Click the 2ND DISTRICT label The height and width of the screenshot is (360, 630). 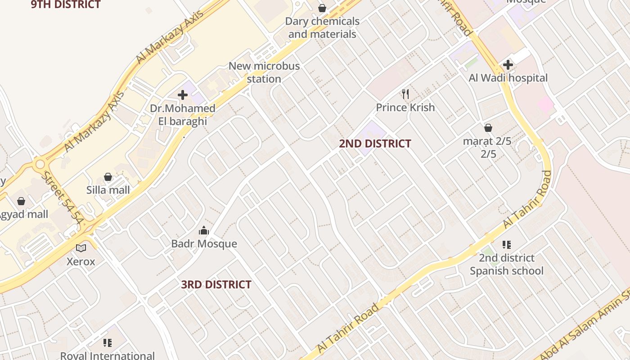pyautogui.click(x=375, y=144)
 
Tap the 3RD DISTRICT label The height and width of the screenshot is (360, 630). pyautogui.click(x=216, y=284)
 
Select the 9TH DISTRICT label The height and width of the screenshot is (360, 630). pyautogui.click(x=66, y=5)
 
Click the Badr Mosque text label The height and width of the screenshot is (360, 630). pyautogui.click(x=204, y=244)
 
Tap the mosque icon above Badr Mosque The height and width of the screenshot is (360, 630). pyautogui.click(x=204, y=231)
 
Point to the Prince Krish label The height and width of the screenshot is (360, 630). pyautogui.click(x=405, y=108)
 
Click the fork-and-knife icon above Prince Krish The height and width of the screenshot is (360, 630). pyautogui.click(x=405, y=94)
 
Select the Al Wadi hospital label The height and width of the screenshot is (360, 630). pyautogui.click(x=508, y=78)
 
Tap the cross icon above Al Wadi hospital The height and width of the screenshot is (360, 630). pyautogui.click(x=508, y=65)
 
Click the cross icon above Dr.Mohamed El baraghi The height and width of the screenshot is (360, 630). pyautogui.click(x=183, y=95)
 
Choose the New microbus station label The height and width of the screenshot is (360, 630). pyautogui.click(x=264, y=72)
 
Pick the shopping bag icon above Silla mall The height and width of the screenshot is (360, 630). pyautogui.click(x=108, y=177)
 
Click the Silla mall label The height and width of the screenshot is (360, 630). pyautogui.click(x=108, y=190)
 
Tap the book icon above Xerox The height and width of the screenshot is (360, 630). pyautogui.click(x=81, y=248)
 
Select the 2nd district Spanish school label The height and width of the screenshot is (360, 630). pyautogui.click(x=507, y=264)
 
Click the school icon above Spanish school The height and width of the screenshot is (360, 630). pyautogui.click(x=507, y=245)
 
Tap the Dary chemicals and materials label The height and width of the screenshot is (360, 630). pyautogui.click(x=322, y=27)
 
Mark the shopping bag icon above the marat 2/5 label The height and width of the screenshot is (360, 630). pyautogui.click(x=488, y=128)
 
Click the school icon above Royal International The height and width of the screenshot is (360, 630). pyautogui.click(x=107, y=343)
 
